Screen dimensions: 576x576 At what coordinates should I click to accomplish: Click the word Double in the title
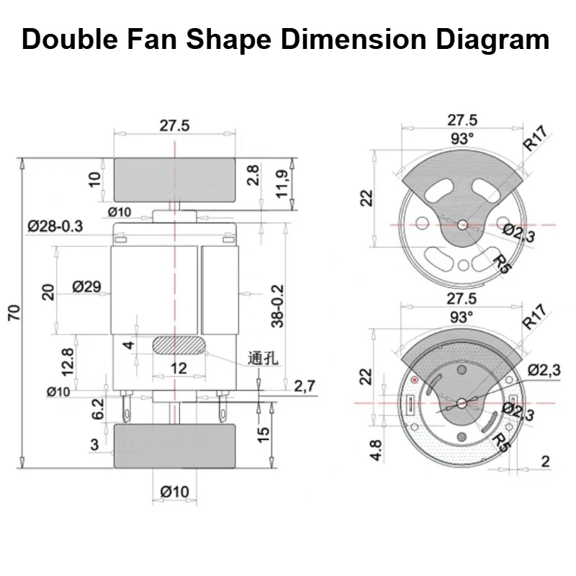(x=70, y=39)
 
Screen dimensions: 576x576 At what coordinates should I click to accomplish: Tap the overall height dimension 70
(x=14, y=312)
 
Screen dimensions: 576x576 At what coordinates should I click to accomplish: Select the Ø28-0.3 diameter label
(x=55, y=226)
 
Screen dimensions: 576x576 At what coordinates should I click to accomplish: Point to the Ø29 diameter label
(x=86, y=287)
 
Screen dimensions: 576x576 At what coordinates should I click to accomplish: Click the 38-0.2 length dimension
(x=278, y=305)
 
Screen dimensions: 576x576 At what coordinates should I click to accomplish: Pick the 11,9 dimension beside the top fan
(x=282, y=184)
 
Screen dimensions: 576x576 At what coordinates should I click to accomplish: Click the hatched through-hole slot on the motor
(x=179, y=345)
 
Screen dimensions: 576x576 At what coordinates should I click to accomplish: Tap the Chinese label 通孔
(x=263, y=359)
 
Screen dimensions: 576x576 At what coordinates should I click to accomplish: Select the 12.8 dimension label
(x=68, y=362)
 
